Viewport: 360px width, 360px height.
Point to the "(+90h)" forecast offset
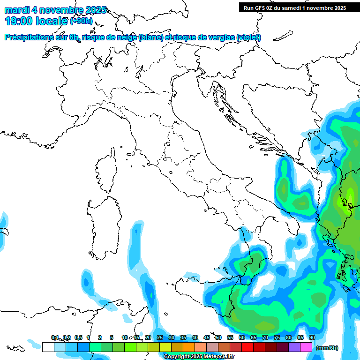tap(81, 21)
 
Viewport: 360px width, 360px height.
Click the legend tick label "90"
tap(312, 338)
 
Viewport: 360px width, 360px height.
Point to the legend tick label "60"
tap(241, 338)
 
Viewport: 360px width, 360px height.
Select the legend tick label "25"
tap(159, 338)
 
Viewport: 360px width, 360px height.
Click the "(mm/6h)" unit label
tap(327, 348)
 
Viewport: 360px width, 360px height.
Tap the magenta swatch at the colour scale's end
tap(306, 347)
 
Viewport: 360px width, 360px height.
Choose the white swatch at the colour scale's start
tap(48, 347)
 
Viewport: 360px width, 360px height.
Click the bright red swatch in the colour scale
tap(247, 347)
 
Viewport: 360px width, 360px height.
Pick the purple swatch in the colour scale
tap(294, 347)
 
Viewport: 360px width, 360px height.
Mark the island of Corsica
tap(106, 168)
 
